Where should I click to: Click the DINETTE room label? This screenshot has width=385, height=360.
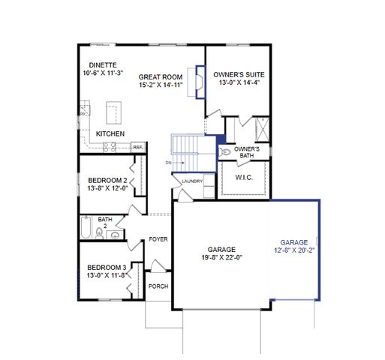click(101, 65)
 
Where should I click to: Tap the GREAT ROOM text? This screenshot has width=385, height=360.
click(161, 76)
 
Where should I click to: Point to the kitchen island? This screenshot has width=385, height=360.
click(114, 114)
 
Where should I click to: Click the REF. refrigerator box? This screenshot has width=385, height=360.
click(138, 147)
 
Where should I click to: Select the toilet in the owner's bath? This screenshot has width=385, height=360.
click(224, 151)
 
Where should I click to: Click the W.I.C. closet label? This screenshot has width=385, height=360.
click(243, 178)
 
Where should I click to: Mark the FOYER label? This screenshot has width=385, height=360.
click(158, 239)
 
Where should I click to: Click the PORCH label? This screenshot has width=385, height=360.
click(158, 286)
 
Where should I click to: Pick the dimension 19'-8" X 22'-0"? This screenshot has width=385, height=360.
click(222, 257)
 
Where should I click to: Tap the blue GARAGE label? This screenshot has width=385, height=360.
click(294, 242)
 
